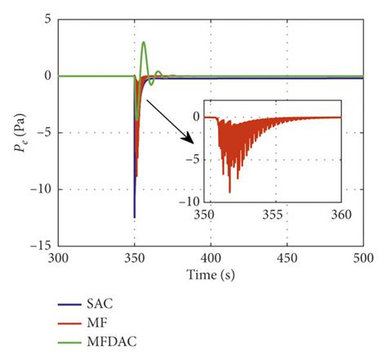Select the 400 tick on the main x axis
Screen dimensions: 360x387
click(211, 256)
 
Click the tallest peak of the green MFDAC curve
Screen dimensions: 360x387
click(144, 42)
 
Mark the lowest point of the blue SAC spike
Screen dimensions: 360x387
click(135, 217)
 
